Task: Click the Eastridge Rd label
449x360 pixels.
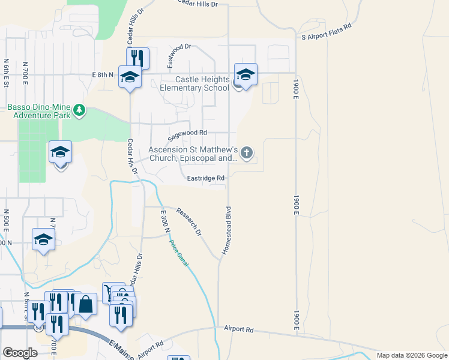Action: pyautogui.click(x=205, y=178)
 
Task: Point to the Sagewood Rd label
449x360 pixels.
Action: pyautogui.click(x=187, y=133)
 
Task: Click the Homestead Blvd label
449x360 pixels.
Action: pyautogui.click(x=228, y=230)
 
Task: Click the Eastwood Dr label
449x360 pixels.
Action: pyautogui.click(x=178, y=54)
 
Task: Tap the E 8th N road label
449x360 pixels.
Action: pyautogui.click(x=103, y=74)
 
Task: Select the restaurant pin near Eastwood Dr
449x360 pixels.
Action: pyautogui.click(x=137, y=58)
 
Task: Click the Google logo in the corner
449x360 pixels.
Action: pyautogui.click(x=20, y=353)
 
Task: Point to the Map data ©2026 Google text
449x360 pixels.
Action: pyautogui.click(x=411, y=355)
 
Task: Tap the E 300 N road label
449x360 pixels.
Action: pyautogui.click(x=166, y=222)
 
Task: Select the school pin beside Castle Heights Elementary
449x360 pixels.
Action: pyautogui.click(x=246, y=74)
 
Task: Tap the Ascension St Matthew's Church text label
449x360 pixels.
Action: pyautogui.click(x=194, y=154)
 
